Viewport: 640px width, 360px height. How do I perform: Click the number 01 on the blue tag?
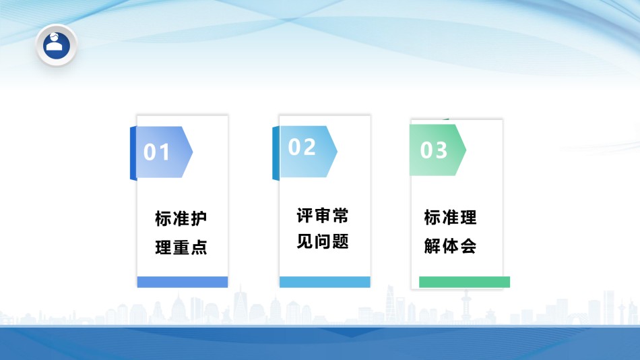156,152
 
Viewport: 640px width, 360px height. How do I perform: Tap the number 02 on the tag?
302,147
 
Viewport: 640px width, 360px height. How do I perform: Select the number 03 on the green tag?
433,150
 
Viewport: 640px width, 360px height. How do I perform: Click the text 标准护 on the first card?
181,218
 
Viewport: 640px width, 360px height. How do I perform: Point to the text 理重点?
181,247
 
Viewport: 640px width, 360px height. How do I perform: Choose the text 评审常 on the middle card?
323,216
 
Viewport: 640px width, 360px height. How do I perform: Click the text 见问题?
323,241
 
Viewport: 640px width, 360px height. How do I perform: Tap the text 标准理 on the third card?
450,217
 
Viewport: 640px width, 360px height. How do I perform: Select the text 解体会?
450,246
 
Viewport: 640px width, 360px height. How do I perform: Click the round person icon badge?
57,45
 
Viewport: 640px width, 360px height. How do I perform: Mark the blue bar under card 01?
183,282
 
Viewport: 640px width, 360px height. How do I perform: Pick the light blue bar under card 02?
325,282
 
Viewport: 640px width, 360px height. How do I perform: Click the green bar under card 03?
464,282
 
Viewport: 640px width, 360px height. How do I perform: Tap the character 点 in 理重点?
199,247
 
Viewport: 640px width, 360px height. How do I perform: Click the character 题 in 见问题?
340,241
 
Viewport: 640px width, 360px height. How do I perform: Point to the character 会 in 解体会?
468,246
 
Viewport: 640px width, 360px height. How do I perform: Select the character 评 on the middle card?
305,216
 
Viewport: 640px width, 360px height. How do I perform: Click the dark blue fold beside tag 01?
133,153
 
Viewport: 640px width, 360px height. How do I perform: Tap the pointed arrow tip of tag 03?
466,150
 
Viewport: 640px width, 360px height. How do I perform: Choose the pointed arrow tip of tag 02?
337,152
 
